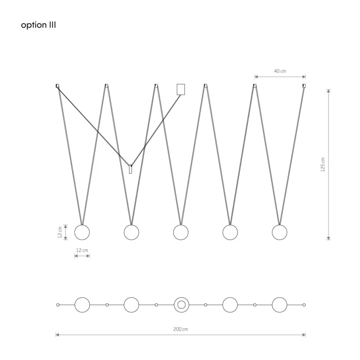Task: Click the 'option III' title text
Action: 38,25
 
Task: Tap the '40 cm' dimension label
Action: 280,71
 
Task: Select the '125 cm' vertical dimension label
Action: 323,165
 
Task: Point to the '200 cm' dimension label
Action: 180,329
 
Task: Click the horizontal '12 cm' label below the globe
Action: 82,250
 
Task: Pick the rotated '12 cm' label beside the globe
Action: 60,232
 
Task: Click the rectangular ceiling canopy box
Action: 181,89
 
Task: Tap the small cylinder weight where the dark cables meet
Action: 130,169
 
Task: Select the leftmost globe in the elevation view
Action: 82,232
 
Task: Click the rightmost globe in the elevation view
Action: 280,232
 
